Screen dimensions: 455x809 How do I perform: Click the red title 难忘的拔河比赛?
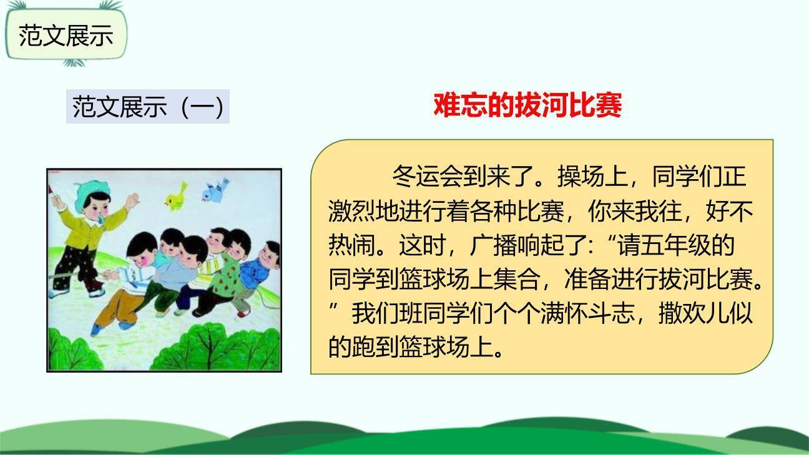[527, 105]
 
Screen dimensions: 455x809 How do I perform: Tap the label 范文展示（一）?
[148, 107]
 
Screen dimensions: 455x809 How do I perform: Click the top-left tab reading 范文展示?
[66, 36]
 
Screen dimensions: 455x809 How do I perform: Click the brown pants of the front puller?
[116, 306]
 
